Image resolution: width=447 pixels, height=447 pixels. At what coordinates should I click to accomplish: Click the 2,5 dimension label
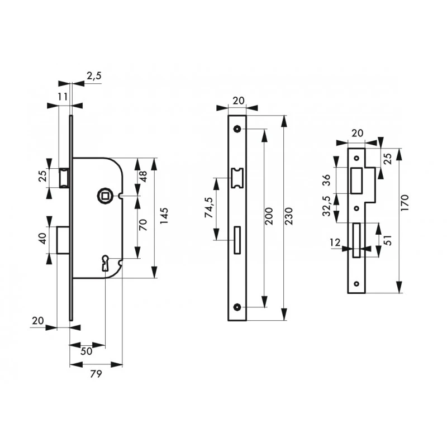click(94, 77)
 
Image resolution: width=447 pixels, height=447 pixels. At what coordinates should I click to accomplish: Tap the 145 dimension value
click(164, 216)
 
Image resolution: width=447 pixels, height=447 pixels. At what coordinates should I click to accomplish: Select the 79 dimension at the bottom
click(96, 374)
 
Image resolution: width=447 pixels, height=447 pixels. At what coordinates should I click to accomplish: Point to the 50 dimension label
click(86, 351)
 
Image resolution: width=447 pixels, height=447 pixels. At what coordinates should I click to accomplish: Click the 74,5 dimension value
click(210, 207)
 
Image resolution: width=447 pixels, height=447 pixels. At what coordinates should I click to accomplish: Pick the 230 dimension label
click(288, 216)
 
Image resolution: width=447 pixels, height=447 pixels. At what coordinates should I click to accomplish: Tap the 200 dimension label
click(269, 216)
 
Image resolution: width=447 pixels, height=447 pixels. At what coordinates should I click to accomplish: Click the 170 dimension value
click(405, 203)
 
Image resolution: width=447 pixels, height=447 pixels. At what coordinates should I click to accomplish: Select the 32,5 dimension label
click(327, 206)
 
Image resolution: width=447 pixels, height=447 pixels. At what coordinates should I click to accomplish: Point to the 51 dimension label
click(388, 240)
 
